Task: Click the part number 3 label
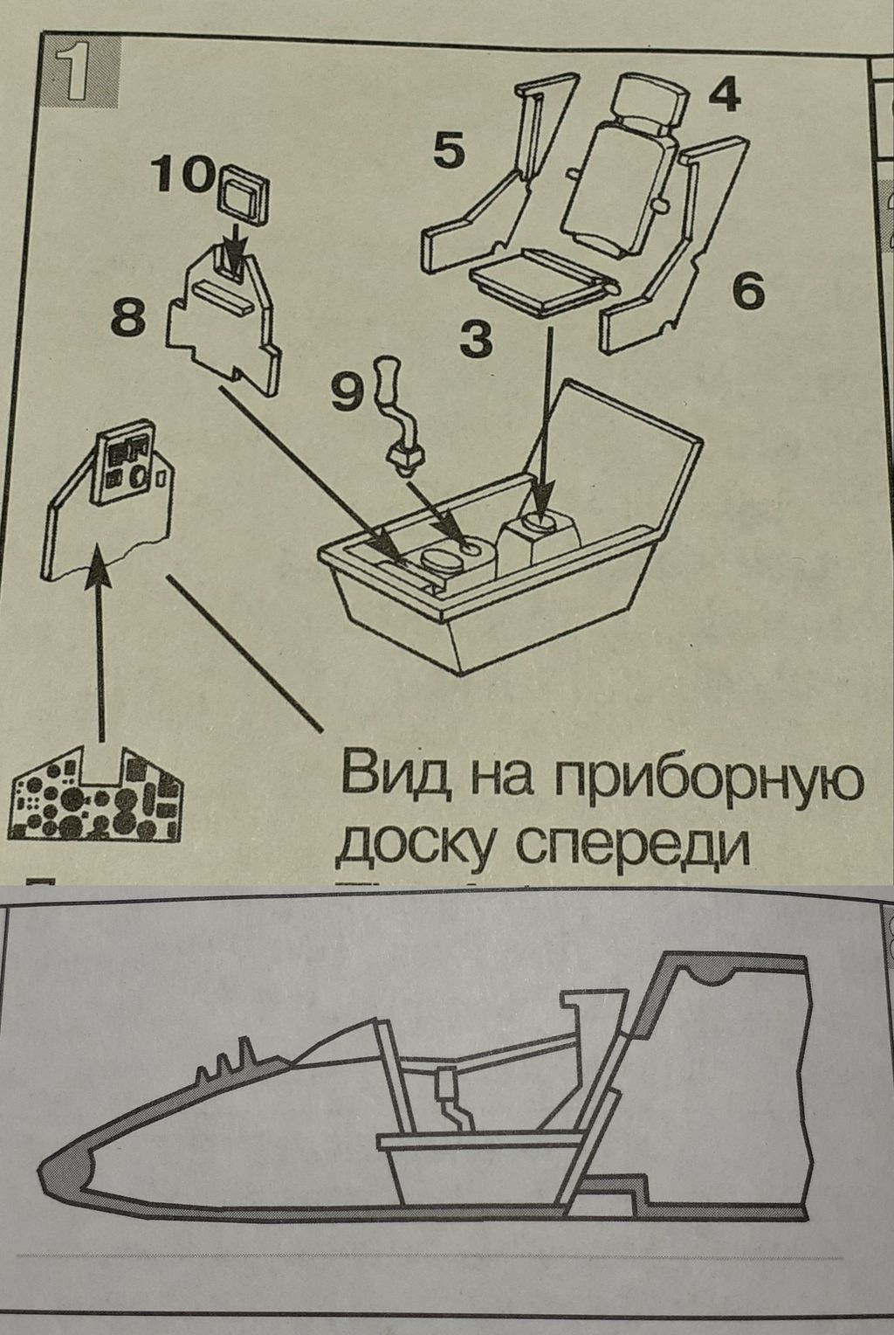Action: (475, 339)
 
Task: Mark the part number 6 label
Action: (747, 290)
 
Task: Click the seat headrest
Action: (650, 99)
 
